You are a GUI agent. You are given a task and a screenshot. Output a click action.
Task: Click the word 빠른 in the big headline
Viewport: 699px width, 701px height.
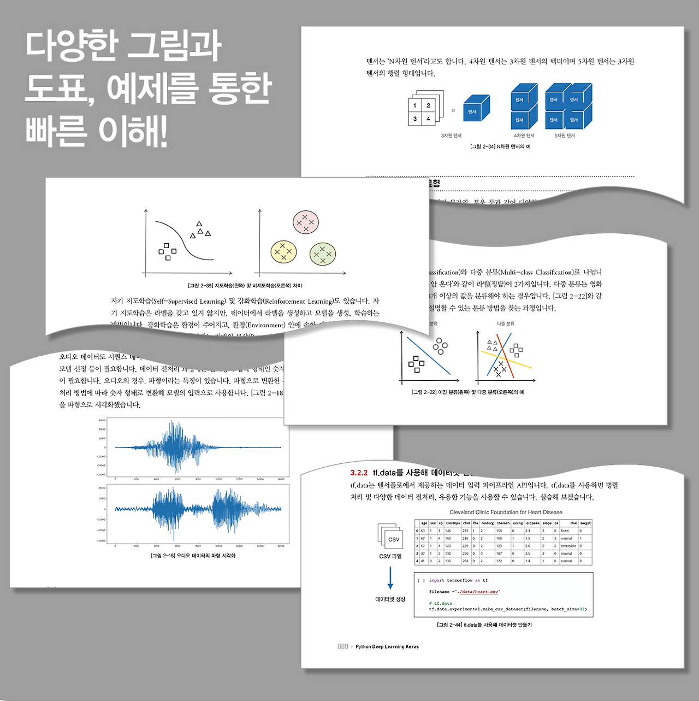coord(56,131)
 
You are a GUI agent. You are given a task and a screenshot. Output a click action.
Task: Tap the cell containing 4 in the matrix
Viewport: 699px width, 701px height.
coord(428,119)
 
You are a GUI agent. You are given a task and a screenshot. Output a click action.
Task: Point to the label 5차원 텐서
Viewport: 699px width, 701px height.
coord(565,136)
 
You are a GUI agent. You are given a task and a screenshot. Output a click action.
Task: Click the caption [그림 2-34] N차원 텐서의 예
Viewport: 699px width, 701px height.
coord(500,146)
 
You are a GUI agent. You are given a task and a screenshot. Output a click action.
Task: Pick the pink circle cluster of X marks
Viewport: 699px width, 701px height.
coord(306,222)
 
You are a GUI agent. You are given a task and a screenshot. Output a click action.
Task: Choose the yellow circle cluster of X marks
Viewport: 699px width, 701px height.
coord(283,251)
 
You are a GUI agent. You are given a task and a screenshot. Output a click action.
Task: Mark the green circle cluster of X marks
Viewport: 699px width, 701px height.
coord(322,254)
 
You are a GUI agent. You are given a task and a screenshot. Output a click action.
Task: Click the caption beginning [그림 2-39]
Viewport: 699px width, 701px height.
coord(245,285)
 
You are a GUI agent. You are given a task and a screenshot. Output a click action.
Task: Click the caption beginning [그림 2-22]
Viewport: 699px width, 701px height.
coord(467,392)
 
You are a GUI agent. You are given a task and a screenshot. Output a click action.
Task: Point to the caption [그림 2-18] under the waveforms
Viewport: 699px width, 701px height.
coord(193,556)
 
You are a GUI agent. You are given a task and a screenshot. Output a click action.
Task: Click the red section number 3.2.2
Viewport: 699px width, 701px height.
coord(359,473)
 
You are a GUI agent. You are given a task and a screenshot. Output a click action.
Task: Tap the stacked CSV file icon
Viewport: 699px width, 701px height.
coord(390,536)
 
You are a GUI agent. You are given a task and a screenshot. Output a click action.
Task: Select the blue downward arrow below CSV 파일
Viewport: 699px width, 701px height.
coord(390,578)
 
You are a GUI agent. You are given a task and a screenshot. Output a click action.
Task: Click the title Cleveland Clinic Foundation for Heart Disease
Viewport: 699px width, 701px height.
coord(506,513)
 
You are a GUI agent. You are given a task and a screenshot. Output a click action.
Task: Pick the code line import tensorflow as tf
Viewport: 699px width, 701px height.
coord(458,580)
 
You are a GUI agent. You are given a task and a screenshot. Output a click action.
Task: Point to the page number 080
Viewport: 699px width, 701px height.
coord(342,646)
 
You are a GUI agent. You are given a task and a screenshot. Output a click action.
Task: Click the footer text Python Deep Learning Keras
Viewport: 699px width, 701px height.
coord(387,647)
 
